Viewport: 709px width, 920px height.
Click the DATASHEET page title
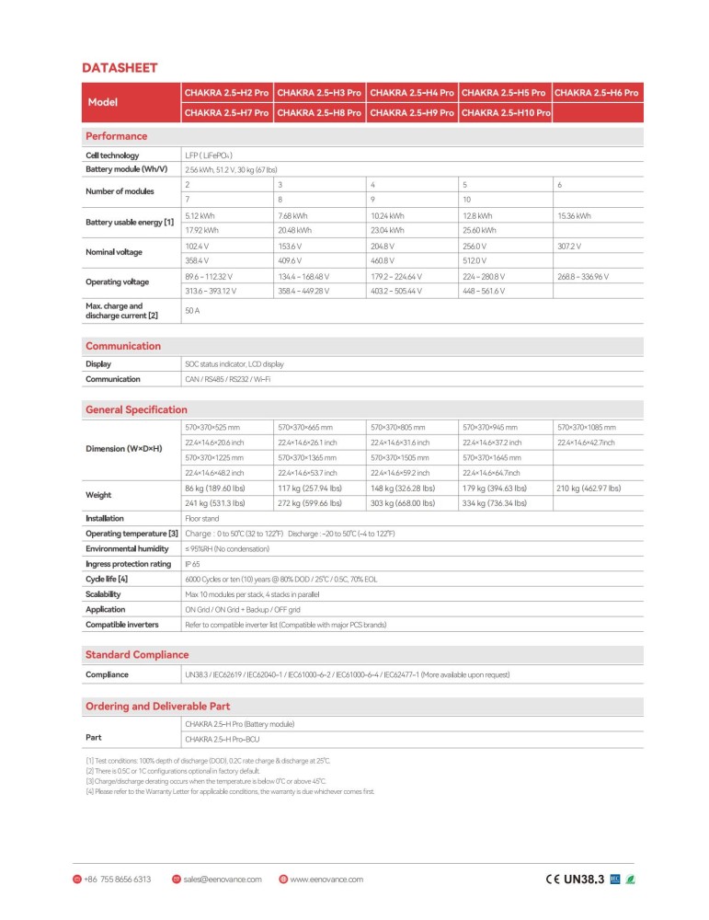click(x=120, y=67)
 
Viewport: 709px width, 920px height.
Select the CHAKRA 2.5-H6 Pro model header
click(x=596, y=93)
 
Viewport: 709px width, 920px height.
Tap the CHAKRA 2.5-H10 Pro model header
click(x=505, y=112)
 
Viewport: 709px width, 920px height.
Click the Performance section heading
click(x=116, y=136)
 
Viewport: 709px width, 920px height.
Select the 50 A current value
click(x=192, y=312)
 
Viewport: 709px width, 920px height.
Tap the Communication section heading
click(x=122, y=346)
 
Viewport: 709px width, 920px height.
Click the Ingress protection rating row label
click(x=128, y=564)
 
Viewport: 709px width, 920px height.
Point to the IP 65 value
click(x=194, y=564)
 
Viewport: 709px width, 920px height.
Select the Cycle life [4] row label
click(x=107, y=579)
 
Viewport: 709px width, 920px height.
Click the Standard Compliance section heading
click(x=137, y=655)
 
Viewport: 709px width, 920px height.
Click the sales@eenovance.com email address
click(x=223, y=880)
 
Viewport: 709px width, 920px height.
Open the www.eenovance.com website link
click(x=326, y=880)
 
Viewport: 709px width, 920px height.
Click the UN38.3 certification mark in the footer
click(x=583, y=880)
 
